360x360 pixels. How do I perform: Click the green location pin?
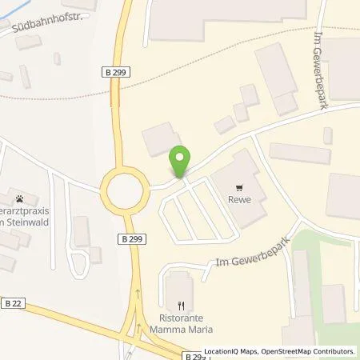(x=181, y=161)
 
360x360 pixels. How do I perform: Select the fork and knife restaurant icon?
(x=181, y=304)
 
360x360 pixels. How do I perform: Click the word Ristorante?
(x=181, y=316)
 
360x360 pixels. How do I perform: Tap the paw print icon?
(x=18, y=198)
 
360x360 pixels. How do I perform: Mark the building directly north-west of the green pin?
(x=158, y=141)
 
